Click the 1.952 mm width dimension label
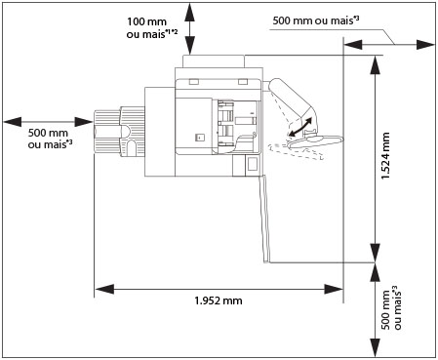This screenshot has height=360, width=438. point(219,300)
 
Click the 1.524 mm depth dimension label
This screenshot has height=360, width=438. point(385,156)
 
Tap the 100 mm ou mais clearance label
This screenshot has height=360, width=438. point(152,28)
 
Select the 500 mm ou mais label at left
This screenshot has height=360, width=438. point(50,139)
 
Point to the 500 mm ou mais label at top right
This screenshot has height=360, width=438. point(316,20)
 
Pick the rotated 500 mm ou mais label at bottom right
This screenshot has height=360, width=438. point(391,308)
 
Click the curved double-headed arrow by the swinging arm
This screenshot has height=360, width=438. point(300,127)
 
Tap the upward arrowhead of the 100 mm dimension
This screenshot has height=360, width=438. point(190,12)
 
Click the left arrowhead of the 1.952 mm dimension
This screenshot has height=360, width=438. point(104,289)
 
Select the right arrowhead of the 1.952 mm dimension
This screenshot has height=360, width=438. point(334,289)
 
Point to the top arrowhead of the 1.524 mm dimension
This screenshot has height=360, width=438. point(376,65)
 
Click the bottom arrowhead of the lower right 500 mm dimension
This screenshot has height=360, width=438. point(376,347)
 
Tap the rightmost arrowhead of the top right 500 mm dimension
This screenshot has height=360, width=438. point(425,45)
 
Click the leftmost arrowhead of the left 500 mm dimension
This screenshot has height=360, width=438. point(13,122)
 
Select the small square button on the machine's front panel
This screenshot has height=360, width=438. point(199,138)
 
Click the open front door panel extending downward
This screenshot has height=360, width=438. point(264,219)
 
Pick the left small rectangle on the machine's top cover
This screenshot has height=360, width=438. point(193,81)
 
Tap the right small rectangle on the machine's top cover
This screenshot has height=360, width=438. point(243,81)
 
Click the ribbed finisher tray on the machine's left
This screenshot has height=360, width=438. point(119,132)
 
